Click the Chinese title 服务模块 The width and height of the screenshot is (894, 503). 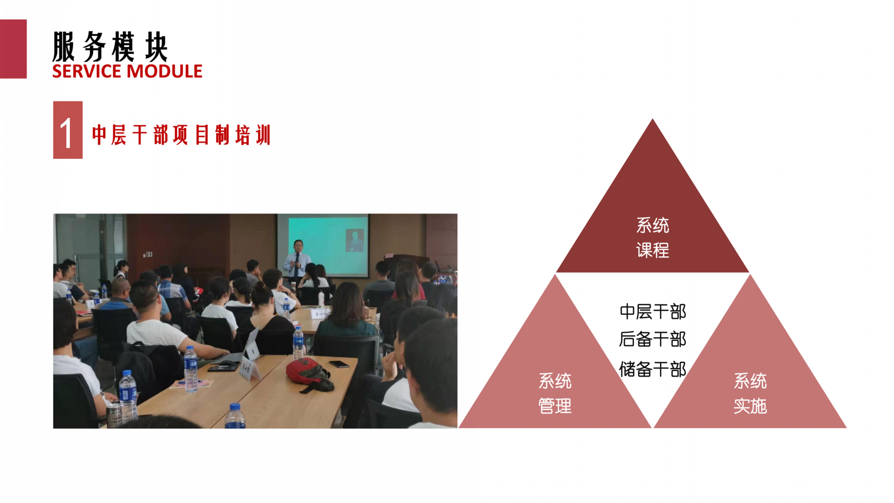(110, 47)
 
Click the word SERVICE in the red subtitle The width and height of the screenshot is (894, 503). (87, 72)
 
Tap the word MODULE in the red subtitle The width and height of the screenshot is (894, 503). (164, 72)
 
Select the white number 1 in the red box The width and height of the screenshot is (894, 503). (66, 133)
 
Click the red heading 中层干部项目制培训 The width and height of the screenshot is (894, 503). (182, 134)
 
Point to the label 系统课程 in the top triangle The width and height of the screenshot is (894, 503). (652, 238)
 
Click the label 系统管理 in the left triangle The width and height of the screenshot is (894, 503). (555, 394)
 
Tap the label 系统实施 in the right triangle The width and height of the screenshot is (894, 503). (750, 394)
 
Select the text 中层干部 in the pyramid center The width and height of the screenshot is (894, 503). (652, 312)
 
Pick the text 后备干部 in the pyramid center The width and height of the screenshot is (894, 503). (652, 340)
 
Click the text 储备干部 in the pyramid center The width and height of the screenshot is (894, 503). (652, 369)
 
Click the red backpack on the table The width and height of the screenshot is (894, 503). (310, 375)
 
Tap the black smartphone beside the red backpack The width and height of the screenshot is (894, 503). (339, 364)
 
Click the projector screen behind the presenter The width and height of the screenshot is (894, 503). (323, 245)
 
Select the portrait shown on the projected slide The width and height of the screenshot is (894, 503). (354, 240)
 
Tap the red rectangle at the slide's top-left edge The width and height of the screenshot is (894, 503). (13, 49)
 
